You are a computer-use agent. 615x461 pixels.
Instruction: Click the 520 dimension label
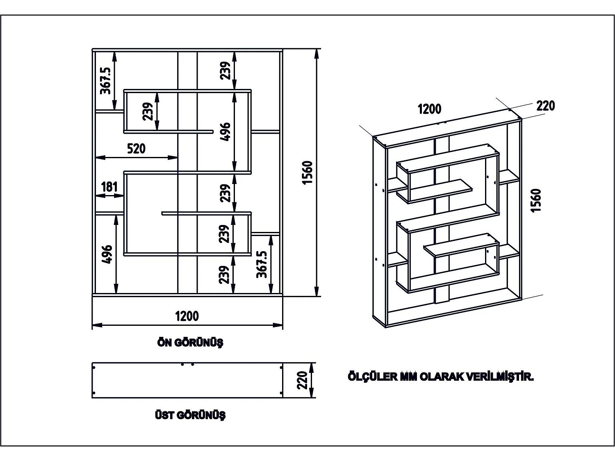tap(136, 148)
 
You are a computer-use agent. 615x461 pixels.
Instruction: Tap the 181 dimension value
tap(109, 187)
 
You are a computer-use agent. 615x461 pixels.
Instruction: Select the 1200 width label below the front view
tap(187, 316)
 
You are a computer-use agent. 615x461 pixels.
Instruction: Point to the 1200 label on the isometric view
tap(429, 109)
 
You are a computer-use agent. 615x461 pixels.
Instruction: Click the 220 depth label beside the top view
tap(302, 380)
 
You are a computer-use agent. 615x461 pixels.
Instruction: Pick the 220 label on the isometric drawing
tap(545, 106)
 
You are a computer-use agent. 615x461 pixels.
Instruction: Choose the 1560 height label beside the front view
tap(307, 173)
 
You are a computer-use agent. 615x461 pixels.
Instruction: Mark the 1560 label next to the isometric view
tap(536, 200)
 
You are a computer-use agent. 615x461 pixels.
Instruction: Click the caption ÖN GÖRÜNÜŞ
tap(190, 343)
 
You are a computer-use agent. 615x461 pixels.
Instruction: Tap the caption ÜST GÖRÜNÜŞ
tap(190, 415)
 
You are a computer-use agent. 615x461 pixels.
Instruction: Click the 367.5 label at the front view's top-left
tap(106, 81)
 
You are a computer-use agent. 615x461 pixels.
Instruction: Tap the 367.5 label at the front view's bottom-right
tap(262, 264)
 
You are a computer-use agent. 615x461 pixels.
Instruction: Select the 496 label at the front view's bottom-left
tap(107, 254)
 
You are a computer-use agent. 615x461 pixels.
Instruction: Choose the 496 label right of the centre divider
tap(225, 132)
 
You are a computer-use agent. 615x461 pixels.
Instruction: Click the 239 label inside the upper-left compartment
tap(148, 111)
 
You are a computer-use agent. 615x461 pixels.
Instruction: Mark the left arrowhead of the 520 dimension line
tap(99, 157)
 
